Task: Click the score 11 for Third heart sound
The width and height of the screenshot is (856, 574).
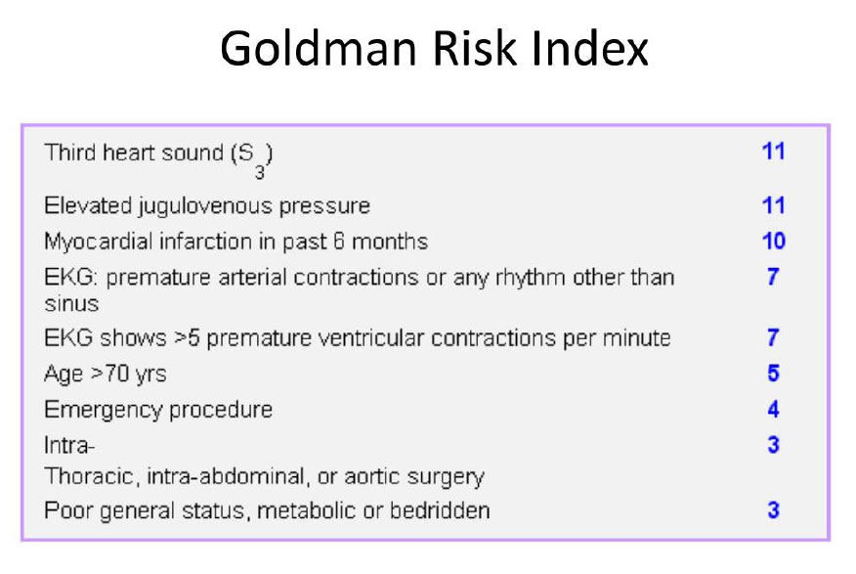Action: pos(773,152)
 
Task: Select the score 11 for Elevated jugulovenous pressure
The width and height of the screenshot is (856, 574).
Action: pos(773,205)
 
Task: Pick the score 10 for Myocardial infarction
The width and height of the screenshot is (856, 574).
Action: pos(774,241)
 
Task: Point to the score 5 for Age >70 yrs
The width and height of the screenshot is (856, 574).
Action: pos(773,373)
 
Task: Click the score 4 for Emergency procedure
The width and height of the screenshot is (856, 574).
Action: pos(773,409)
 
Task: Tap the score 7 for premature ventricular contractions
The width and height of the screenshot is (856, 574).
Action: pos(773,337)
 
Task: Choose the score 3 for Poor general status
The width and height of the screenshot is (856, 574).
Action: pos(773,510)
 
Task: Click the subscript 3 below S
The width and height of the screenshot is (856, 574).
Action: pos(259,172)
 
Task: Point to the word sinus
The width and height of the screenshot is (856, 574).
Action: pos(71,304)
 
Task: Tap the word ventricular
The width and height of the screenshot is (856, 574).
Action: pos(370,338)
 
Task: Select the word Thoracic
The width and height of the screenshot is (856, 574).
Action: pos(90,475)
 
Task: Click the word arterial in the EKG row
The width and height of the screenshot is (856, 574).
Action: pos(253,277)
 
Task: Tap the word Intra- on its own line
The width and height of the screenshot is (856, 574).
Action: pos(69,445)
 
